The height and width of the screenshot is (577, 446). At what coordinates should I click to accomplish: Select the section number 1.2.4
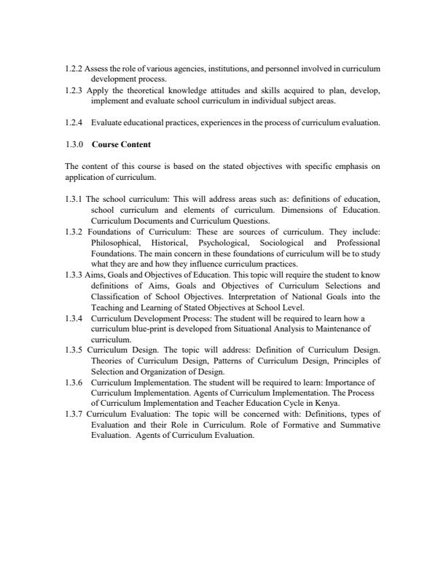(73, 123)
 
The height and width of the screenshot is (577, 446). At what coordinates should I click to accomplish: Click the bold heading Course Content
(121, 144)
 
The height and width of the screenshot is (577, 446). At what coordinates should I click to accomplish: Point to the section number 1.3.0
(74, 144)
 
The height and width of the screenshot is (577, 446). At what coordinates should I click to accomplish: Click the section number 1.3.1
(74, 198)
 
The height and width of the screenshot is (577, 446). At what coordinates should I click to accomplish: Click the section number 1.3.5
(74, 349)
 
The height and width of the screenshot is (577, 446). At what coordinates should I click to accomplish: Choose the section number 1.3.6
(74, 381)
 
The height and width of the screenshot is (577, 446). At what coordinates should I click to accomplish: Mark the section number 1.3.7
(74, 413)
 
